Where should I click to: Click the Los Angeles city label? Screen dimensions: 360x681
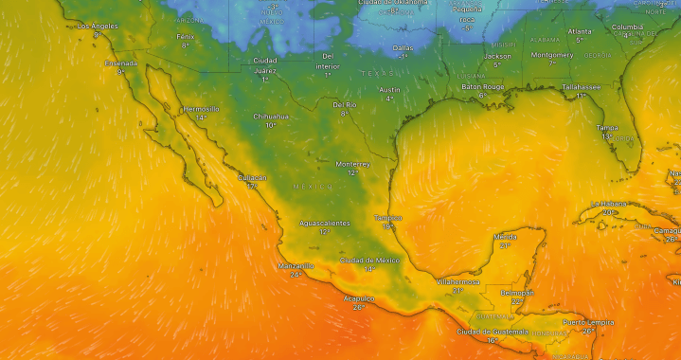97,26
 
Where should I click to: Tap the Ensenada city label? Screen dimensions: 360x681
120,63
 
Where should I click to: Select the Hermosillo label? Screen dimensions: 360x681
201,109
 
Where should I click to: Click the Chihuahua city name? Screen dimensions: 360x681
270,117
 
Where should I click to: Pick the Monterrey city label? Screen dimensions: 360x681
352,164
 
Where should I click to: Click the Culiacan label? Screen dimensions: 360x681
252,177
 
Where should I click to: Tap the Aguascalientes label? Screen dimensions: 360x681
324,223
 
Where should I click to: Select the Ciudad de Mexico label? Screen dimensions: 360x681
370,260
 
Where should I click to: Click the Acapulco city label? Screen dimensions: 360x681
358,298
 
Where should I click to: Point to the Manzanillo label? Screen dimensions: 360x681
296,266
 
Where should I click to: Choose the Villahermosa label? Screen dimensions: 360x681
457,281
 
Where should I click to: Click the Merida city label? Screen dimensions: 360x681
506,236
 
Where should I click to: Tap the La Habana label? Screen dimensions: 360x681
610,204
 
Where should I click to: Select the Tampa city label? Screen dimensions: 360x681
607,128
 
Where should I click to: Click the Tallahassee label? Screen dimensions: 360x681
581,87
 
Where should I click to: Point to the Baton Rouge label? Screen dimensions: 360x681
482,87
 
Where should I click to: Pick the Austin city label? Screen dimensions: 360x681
389,90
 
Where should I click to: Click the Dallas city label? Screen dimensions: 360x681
403,47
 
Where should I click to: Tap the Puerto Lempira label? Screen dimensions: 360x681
588,323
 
